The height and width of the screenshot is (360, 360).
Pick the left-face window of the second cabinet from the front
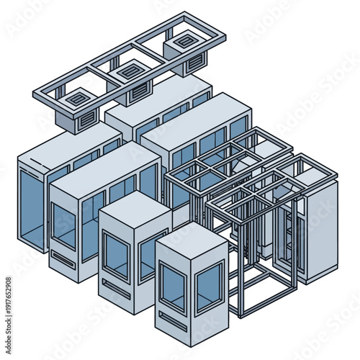[x=115, y=256]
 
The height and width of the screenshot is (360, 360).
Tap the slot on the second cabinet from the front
[x=115, y=287]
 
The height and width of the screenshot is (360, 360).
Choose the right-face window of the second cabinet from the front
[x=153, y=252]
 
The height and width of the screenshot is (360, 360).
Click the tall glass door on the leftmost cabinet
[x=31, y=209]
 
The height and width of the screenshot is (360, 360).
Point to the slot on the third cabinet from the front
[x=63, y=259]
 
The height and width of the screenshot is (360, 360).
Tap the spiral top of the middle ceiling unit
[x=129, y=70]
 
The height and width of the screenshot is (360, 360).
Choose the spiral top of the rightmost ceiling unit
[x=185, y=42]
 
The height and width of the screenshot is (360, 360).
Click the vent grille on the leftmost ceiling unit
[x=86, y=120]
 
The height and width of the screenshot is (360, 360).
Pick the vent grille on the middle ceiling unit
[x=140, y=92]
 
